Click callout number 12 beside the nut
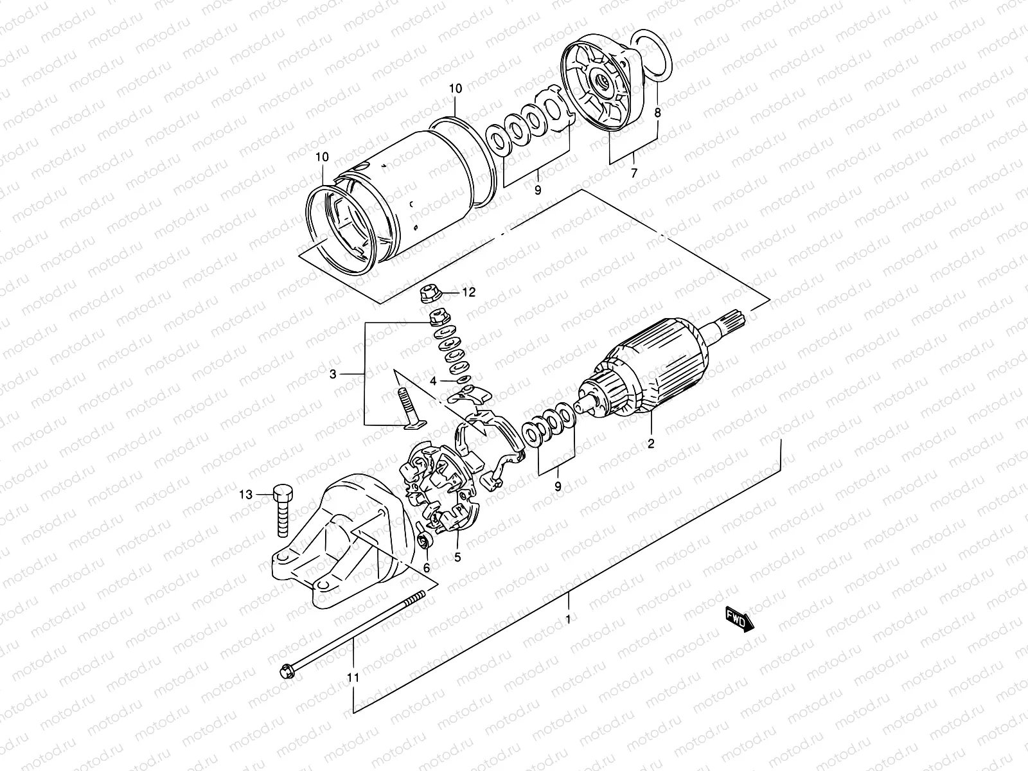(x=468, y=293)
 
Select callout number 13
(x=245, y=494)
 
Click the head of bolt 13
(x=283, y=494)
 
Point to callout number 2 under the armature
(x=650, y=443)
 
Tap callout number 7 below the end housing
(x=634, y=173)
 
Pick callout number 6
(x=426, y=567)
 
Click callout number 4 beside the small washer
(x=434, y=381)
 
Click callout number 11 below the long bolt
(x=353, y=677)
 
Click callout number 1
(x=568, y=619)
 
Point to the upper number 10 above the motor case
(x=455, y=89)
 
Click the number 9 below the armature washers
(x=558, y=486)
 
